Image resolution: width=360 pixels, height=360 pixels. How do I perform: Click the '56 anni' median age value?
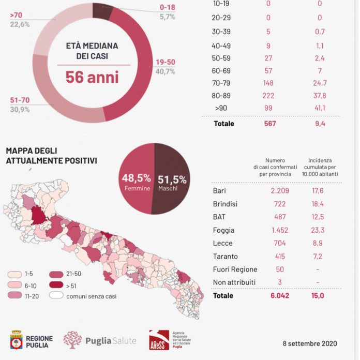(x=92, y=77)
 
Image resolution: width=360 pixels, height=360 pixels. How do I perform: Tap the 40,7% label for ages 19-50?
(x=166, y=71)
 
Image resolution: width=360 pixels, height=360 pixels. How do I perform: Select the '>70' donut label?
(x=15, y=15)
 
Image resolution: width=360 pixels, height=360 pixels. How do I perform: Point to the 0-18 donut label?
(x=167, y=8)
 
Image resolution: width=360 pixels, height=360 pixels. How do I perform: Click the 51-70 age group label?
(x=20, y=100)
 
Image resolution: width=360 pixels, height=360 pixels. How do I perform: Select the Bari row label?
(x=219, y=190)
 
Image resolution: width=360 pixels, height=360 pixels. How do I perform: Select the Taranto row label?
(x=224, y=257)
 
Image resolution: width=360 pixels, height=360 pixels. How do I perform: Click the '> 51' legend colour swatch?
(x=57, y=284)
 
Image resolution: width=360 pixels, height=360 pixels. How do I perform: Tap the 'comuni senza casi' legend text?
(x=91, y=296)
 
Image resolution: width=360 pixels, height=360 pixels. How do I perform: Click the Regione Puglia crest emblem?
(x=17, y=339)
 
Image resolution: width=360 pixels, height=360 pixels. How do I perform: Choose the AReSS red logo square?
(x=158, y=339)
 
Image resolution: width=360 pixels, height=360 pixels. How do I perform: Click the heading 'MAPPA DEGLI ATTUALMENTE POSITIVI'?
(x=51, y=156)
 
